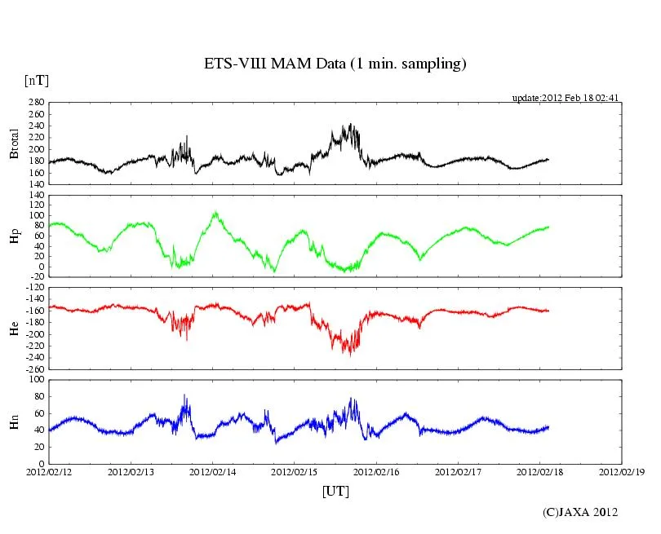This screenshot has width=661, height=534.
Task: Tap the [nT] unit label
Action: [37, 80]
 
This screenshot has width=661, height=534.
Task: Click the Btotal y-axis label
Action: [14, 143]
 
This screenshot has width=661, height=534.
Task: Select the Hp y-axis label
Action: [14, 237]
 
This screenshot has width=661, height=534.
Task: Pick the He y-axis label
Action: [14, 329]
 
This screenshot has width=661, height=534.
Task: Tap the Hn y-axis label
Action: [14, 421]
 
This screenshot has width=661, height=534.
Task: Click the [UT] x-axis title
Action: [335, 492]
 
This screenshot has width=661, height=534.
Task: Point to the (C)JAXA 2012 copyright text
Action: [580, 512]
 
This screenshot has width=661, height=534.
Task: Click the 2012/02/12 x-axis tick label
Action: [49, 472]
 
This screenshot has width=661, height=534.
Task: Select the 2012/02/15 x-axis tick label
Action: [295, 472]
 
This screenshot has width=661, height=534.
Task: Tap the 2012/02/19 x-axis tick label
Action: [621, 472]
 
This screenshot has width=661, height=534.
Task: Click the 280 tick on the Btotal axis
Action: [35, 103]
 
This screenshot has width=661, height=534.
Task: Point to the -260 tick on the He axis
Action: [33, 369]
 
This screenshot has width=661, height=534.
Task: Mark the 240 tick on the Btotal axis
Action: [35, 114]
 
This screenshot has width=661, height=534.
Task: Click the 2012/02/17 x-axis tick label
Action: [458, 472]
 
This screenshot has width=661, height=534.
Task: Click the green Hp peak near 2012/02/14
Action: [215, 213]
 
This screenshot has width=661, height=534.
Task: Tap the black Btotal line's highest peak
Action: [350, 125]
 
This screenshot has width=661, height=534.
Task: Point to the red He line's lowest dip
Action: [350, 355]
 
